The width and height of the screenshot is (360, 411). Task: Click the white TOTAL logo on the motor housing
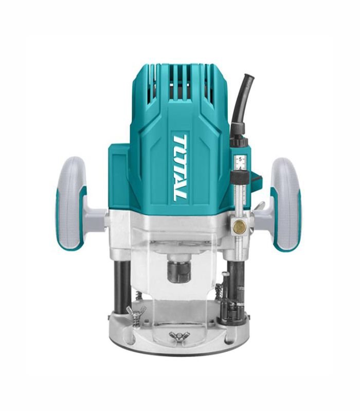coord(179,168)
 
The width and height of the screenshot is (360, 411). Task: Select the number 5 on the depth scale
coord(240,159)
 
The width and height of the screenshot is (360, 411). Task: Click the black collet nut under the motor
coord(179,271)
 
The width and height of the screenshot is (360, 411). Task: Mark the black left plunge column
coord(122,288)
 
